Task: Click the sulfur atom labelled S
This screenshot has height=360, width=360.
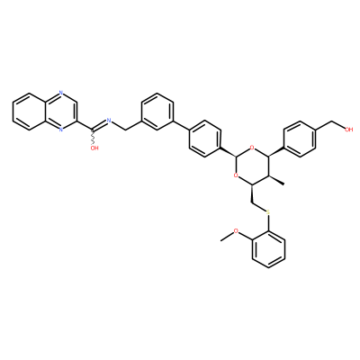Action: pyautogui.click(x=268, y=212)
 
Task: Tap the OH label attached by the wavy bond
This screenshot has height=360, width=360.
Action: pyautogui.click(x=94, y=148)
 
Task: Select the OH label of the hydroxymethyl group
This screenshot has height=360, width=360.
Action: pyautogui.click(x=349, y=130)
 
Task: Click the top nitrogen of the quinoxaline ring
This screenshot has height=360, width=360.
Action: pyautogui.click(x=61, y=93)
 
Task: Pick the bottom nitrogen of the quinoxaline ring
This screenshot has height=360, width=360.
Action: pyautogui.click(x=61, y=130)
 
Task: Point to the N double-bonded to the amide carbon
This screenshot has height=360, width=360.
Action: pyautogui.click(x=109, y=121)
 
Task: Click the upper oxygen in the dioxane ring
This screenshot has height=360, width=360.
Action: pyautogui.click(x=252, y=148)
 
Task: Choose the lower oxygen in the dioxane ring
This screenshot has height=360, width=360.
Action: pyautogui.click(x=236, y=175)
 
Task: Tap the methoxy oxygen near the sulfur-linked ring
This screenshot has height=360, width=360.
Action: pyautogui.click(x=236, y=231)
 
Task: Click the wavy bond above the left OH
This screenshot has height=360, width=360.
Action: pyautogui.click(x=93, y=137)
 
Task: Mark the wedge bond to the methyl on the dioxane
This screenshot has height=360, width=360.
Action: pyautogui.click(x=276, y=180)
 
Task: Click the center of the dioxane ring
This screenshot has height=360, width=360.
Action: pyautogui.click(x=252, y=166)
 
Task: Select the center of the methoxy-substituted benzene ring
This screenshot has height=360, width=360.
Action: pyautogui.click(x=268, y=249)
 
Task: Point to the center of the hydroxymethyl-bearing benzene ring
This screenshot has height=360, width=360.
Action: pyautogui.click(x=300, y=139)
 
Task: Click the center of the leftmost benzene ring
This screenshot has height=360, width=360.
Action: pyautogui.click(x=30, y=111)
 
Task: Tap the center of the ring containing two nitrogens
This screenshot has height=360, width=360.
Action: pyautogui.click(x=61, y=111)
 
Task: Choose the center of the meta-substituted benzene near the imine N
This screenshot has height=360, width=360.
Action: pyautogui.click(x=157, y=111)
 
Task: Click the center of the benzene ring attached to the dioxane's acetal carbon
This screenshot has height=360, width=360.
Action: pyautogui.click(x=205, y=139)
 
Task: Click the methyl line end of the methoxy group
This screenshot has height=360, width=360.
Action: pyautogui.click(x=220, y=240)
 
